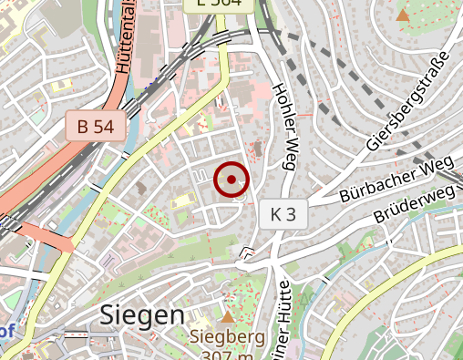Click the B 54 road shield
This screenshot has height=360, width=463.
click(x=95, y=127)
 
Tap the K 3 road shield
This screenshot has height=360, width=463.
click(x=283, y=215)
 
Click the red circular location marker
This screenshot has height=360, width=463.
click(x=232, y=180)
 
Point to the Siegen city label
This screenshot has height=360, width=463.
click(x=141, y=315)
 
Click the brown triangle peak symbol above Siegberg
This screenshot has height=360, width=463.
click(x=226, y=316)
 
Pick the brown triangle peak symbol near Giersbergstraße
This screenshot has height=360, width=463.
click(x=403, y=15)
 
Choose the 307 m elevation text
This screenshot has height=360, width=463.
click(x=227, y=355)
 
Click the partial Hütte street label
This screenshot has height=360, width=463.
click(x=282, y=328)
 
